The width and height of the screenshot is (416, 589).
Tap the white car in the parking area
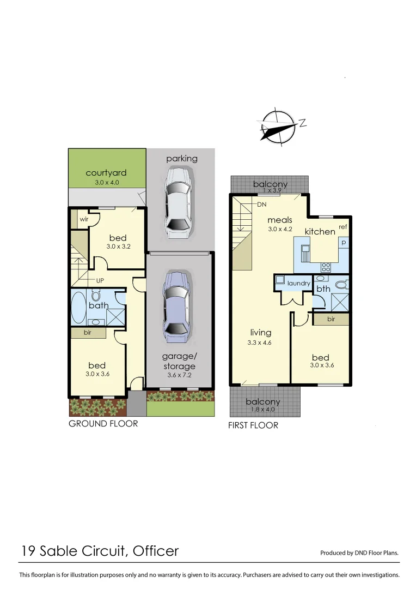[x=178, y=202]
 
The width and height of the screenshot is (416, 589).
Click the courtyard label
[x=106, y=173]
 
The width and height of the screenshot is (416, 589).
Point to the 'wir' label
[x=84, y=219]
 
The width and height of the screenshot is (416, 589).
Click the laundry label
[x=298, y=284]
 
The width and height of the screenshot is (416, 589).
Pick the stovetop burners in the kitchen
[x=326, y=267]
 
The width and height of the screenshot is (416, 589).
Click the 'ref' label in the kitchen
[x=342, y=227]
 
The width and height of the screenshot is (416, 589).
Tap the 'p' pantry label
[x=344, y=242]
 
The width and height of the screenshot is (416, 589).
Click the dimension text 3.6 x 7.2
[x=179, y=375]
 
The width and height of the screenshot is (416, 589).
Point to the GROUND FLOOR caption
[x=103, y=423]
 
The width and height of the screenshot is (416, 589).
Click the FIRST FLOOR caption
[x=253, y=425]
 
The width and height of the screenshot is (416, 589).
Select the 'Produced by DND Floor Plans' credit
[x=359, y=552]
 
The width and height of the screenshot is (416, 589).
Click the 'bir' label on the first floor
[x=331, y=320]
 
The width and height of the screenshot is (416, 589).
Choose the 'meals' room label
[x=280, y=220]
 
